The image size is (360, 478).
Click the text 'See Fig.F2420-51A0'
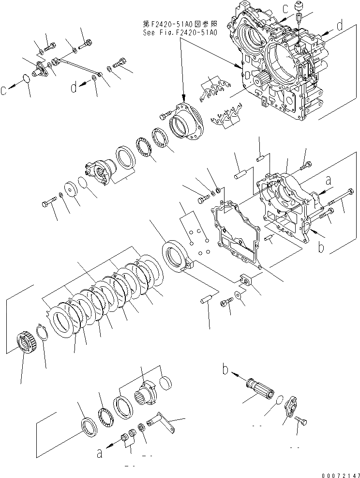pyautogui.click(x=180, y=33)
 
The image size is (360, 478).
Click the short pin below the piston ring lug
pyautogui.click(x=207, y=300)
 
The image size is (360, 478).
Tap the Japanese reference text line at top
pyautogui.click(x=180, y=24)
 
